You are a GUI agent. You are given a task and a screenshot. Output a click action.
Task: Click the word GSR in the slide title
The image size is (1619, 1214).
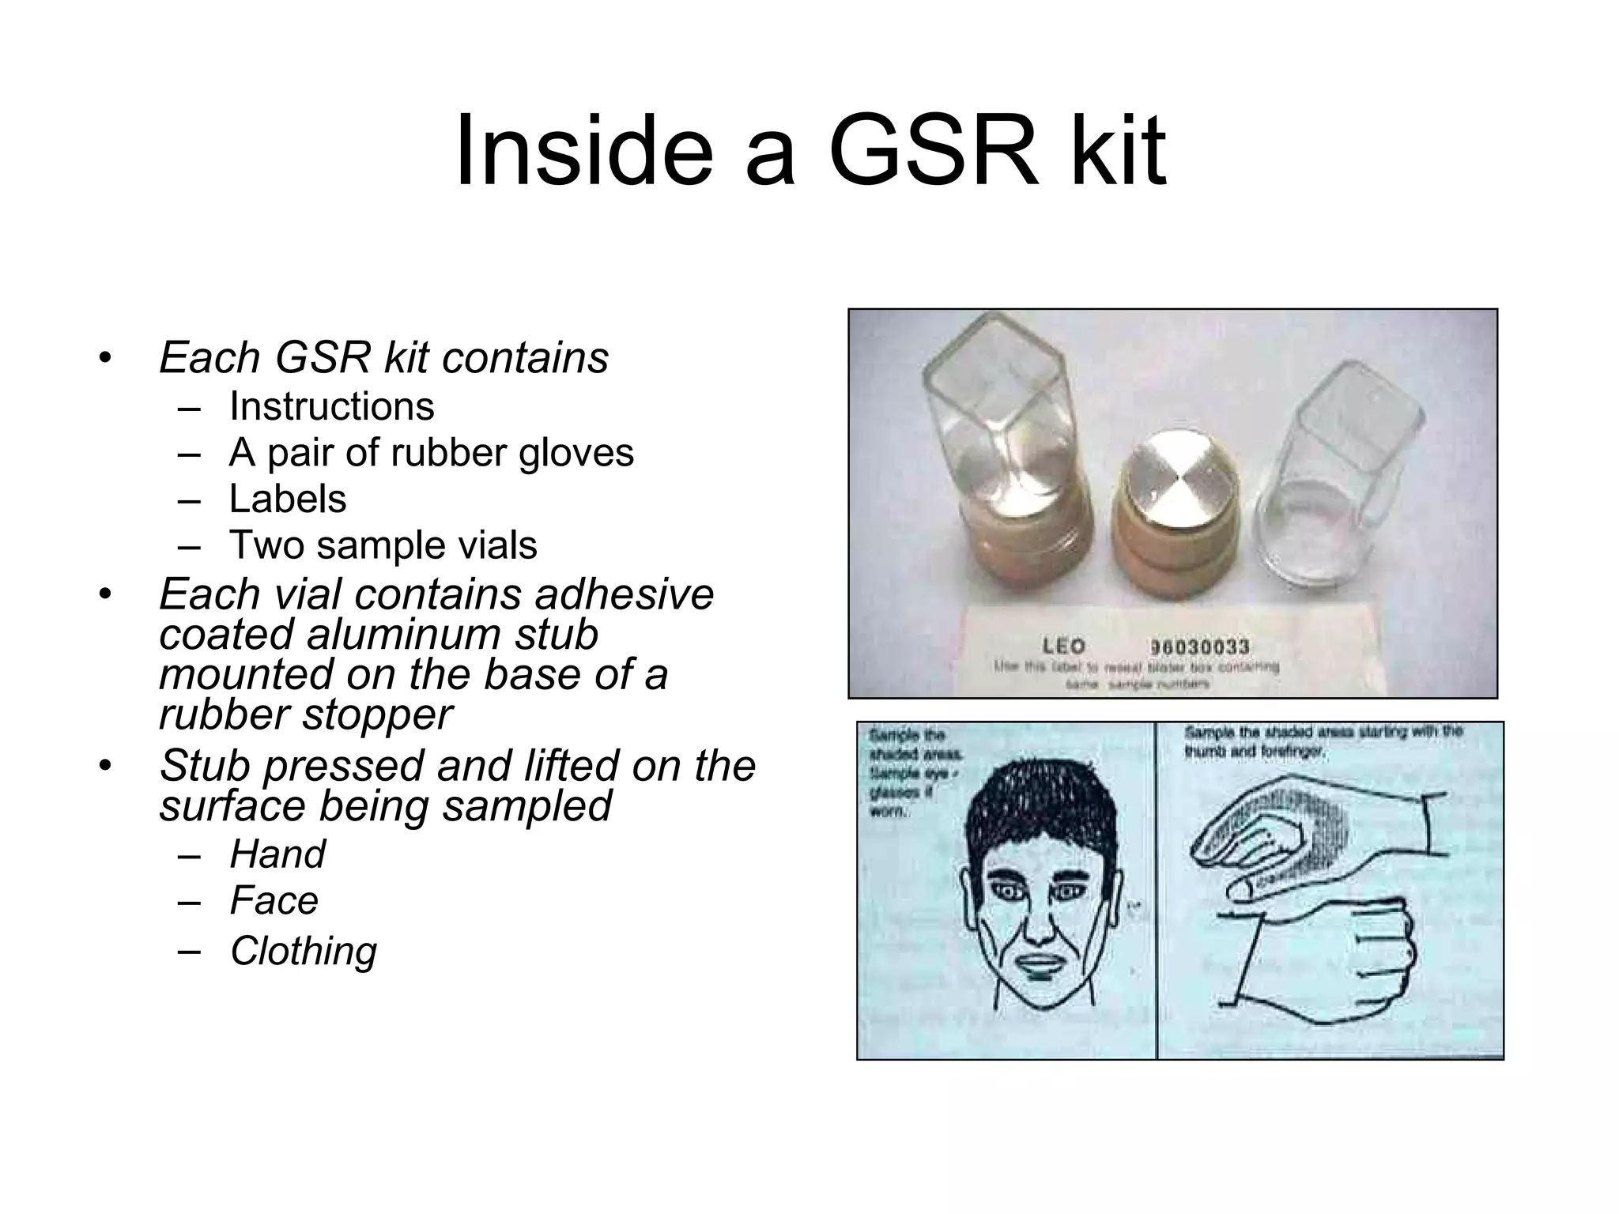[x=932, y=150]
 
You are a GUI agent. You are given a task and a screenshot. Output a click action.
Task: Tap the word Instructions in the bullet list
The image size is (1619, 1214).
[x=331, y=407]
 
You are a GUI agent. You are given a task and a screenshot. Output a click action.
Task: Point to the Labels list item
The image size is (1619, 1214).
[x=288, y=500]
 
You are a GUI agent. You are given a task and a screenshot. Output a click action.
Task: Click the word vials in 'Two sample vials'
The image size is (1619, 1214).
[x=499, y=545]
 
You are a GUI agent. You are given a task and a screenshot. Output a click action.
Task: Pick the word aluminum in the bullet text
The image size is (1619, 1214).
[x=451, y=635]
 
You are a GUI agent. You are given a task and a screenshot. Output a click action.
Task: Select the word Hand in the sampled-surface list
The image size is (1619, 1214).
[x=277, y=854]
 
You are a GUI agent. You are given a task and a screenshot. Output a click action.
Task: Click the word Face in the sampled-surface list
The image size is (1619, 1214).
[x=274, y=901]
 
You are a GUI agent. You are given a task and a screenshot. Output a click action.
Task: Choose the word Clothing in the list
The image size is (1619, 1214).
[x=304, y=951]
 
